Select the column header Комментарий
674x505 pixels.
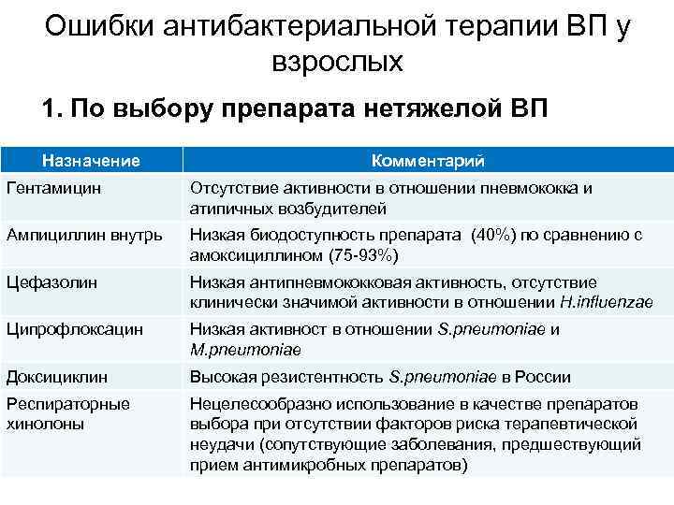[x=427, y=161]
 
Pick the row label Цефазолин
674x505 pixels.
[x=47, y=281]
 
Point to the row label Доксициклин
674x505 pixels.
[x=56, y=376]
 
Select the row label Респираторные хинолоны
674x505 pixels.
[x=67, y=413]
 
